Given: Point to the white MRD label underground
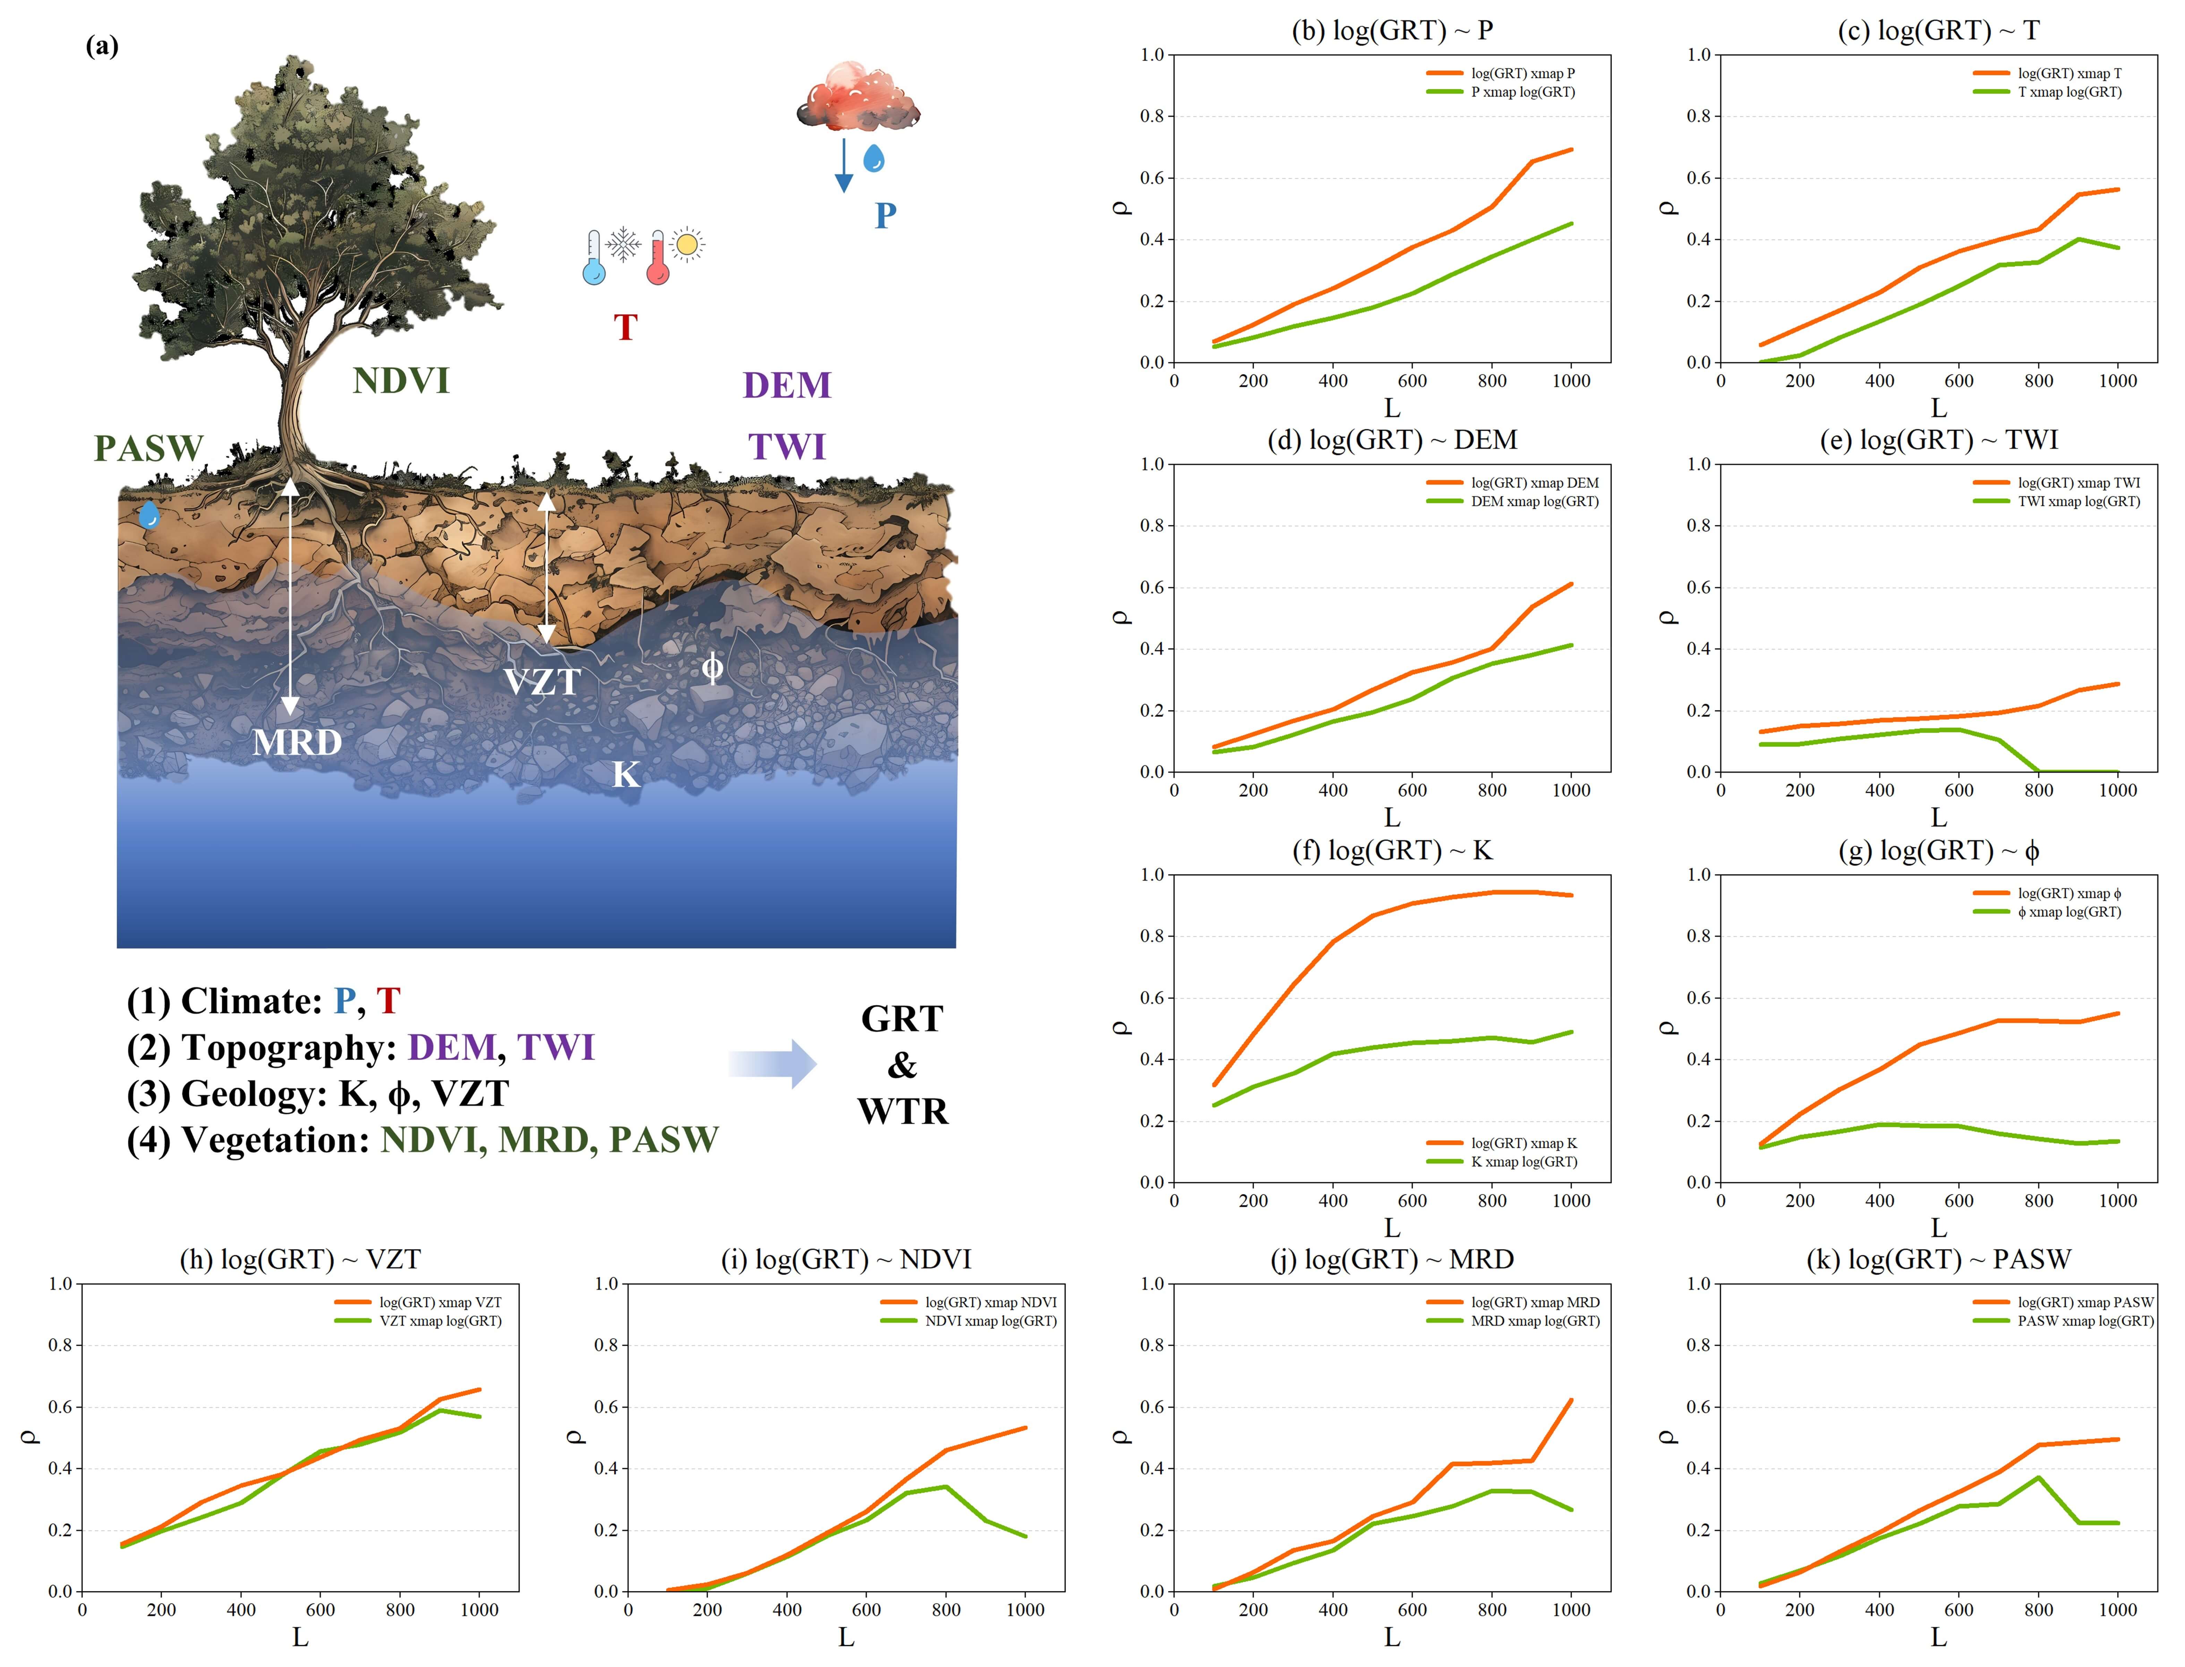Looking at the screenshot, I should tap(297, 742).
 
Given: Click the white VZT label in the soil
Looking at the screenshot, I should tap(541, 682).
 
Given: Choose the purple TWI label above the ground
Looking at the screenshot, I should tap(786, 447).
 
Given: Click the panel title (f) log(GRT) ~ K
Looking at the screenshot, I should tap(1392, 851).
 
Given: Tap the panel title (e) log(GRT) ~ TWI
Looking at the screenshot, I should tap(1938, 440).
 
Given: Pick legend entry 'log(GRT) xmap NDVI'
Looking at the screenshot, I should tap(990, 1302).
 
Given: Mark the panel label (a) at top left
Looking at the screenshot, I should tap(102, 46).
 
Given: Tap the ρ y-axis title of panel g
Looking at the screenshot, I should tap(1668, 1028).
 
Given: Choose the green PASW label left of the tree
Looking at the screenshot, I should tap(149, 449).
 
